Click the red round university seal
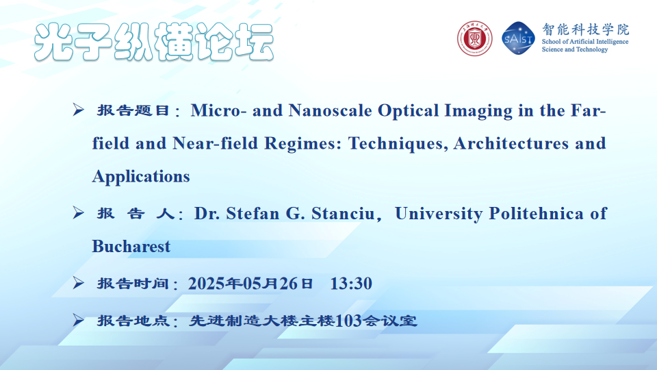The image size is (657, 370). (x=474, y=38)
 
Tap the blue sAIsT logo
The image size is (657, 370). (x=518, y=38)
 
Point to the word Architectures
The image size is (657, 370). (x=511, y=143)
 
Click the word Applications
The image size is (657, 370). (x=141, y=177)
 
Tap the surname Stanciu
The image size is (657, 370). (x=343, y=214)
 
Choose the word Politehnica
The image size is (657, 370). (x=536, y=214)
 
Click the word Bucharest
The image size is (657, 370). (x=131, y=246)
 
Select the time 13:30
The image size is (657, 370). (x=351, y=284)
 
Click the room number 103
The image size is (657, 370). (x=348, y=321)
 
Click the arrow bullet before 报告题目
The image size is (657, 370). (x=78, y=110)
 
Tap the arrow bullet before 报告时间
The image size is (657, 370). (x=78, y=283)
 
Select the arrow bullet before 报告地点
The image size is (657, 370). (x=78, y=320)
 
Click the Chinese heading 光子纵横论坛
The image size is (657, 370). (x=154, y=42)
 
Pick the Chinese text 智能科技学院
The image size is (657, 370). (x=585, y=29)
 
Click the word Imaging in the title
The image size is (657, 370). (x=478, y=111)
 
